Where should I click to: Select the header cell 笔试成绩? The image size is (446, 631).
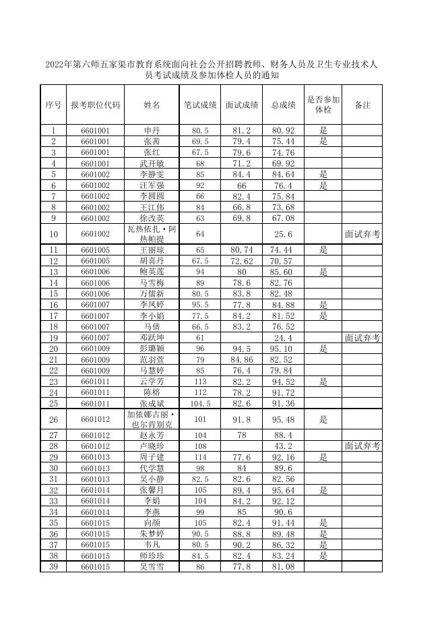[x=200, y=105]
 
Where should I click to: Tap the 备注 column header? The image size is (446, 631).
[x=362, y=105]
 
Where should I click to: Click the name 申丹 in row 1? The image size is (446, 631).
[x=152, y=130]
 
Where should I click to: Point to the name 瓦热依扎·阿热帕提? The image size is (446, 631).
[x=152, y=234]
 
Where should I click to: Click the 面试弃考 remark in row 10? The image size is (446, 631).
[x=362, y=235]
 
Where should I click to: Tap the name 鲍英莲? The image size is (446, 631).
[x=152, y=272]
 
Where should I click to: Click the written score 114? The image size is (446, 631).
[x=200, y=458]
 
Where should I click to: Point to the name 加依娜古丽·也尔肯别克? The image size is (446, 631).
[x=152, y=419]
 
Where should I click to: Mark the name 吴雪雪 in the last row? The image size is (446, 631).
[x=152, y=567]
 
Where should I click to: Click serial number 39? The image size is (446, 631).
[x=53, y=567]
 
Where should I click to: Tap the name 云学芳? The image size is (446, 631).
[x=152, y=382]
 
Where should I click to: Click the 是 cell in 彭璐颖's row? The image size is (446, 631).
[x=323, y=349]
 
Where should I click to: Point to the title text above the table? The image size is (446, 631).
[x=211, y=71]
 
